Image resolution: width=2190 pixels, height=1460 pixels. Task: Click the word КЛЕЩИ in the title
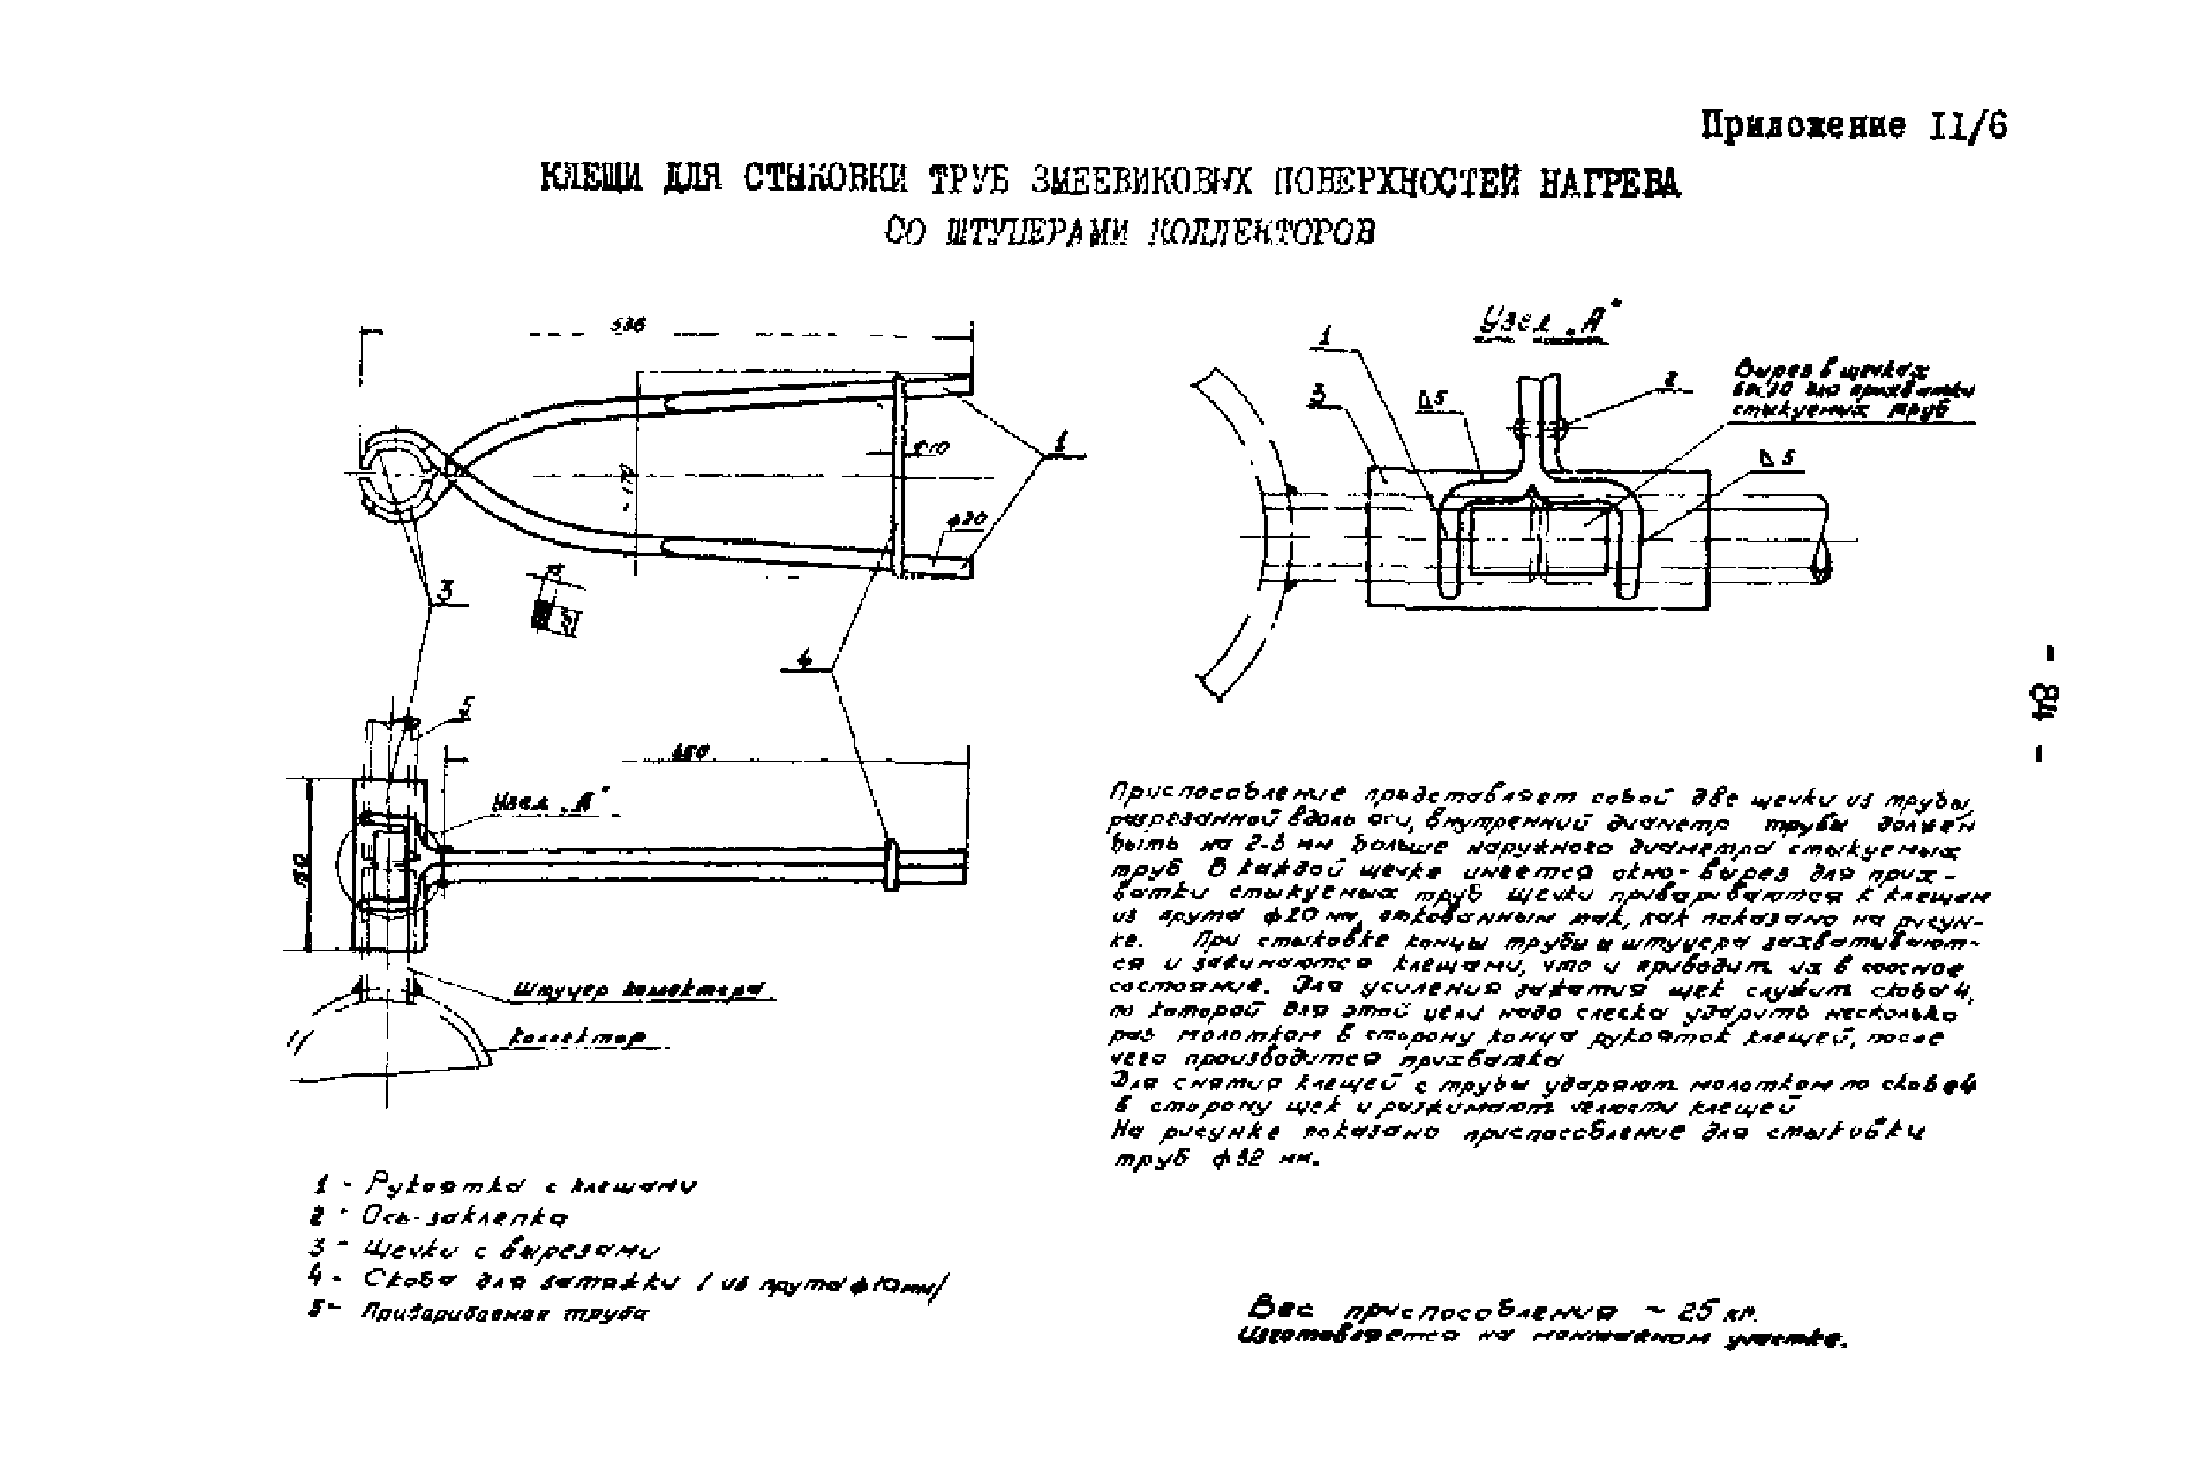[x=591, y=179]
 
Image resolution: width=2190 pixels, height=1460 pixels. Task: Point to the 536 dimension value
[x=628, y=326]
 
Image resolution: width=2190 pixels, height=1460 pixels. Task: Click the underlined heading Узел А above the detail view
[x=1541, y=324]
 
